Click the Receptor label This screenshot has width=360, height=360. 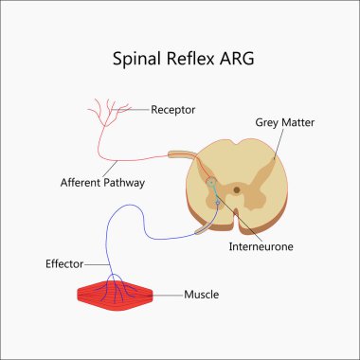(172, 110)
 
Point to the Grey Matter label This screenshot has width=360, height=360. (284, 122)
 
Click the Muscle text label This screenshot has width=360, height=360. (202, 295)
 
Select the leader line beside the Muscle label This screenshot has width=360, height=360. (170, 295)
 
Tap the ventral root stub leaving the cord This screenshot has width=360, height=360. (201, 229)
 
